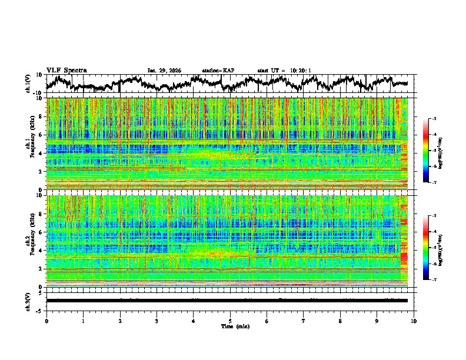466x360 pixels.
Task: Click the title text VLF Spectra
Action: [x=66, y=70]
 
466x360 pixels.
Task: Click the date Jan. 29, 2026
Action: [x=164, y=71]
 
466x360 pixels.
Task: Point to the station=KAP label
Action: [x=218, y=71]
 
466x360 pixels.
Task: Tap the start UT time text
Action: [x=284, y=71]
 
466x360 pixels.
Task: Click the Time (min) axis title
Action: [x=230, y=326]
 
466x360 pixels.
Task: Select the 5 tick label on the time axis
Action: [x=230, y=321]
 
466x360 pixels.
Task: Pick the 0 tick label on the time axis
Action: [x=46, y=321]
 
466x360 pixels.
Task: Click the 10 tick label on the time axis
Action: [x=414, y=321]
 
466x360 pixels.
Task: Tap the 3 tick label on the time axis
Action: [x=157, y=321]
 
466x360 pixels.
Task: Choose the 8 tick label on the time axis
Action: [x=340, y=321]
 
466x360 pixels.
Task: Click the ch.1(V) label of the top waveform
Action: [x=28, y=84]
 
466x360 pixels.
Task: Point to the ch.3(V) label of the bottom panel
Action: [x=28, y=300]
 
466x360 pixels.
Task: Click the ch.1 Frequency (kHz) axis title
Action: [x=29, y=144]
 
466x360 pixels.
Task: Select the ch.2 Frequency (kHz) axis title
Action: [x=29, y=241]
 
